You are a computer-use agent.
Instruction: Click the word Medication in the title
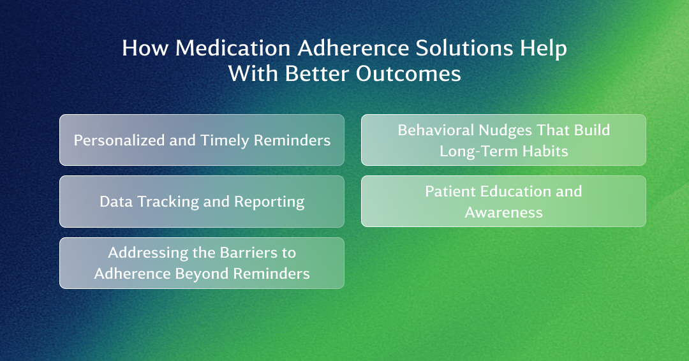pyautogui.click(x=232, y=48)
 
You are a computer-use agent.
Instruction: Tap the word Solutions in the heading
pyautogui.click(x=464, y=48)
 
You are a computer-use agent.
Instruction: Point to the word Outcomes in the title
pyautogui.click(x=408, y=73)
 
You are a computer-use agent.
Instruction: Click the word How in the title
pyautogui.click(x=145, y=48)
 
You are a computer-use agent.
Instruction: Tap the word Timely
pyautogui.click(x=225, y=140)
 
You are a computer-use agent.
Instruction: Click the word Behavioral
pyautogui.click(x=436, y=130)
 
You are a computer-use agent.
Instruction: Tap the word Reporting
pyautogui.click(x=269, y=202)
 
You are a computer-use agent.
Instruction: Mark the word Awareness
pyautogui.click(x=503, y=212)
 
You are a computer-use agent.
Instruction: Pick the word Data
pyautogui.click(x=116, y=202)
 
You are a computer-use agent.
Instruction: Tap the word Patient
pyautogui.click(x=450, y=191)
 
